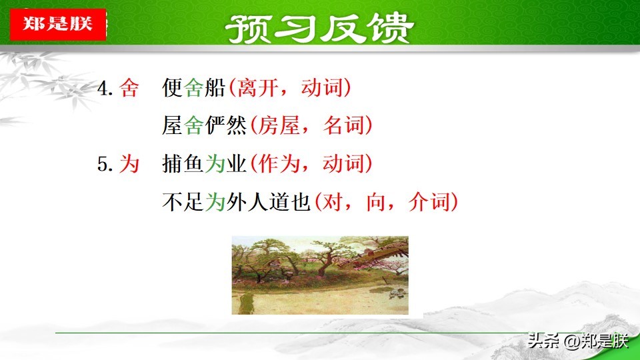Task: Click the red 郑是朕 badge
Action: coord(58,24)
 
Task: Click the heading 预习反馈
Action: coord(319,28)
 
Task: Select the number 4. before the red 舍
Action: coord(105,88)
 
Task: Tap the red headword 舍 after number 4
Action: coord(129,88)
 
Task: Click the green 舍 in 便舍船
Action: coord(193,88)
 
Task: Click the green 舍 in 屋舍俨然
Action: coord(193,125)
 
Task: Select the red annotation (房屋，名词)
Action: coord(311,125)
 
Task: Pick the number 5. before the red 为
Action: coord(105,164)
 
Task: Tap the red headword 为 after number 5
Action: coord(129,164)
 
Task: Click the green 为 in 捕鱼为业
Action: coord(215,164)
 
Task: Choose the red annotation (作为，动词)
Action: coord(311,164)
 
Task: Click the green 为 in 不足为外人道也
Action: coord(215,202)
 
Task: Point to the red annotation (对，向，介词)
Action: coord(387,202)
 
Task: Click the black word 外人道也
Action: coord(269,202)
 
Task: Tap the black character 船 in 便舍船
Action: coord(215,88)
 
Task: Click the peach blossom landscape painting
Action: coord(320,275)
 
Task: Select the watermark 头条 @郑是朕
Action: coord(578,341)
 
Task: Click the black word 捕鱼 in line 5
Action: coord(183,164)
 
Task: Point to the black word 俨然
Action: coord(226,125)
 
